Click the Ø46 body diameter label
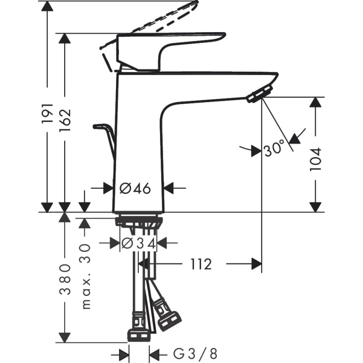(134, 188)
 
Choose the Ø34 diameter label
(138, 242)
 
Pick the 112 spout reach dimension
(200, 264)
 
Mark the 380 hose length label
(65, 279)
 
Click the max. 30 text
(86, 277)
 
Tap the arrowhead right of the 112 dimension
(256, 264)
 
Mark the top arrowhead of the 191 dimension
(46, 6)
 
